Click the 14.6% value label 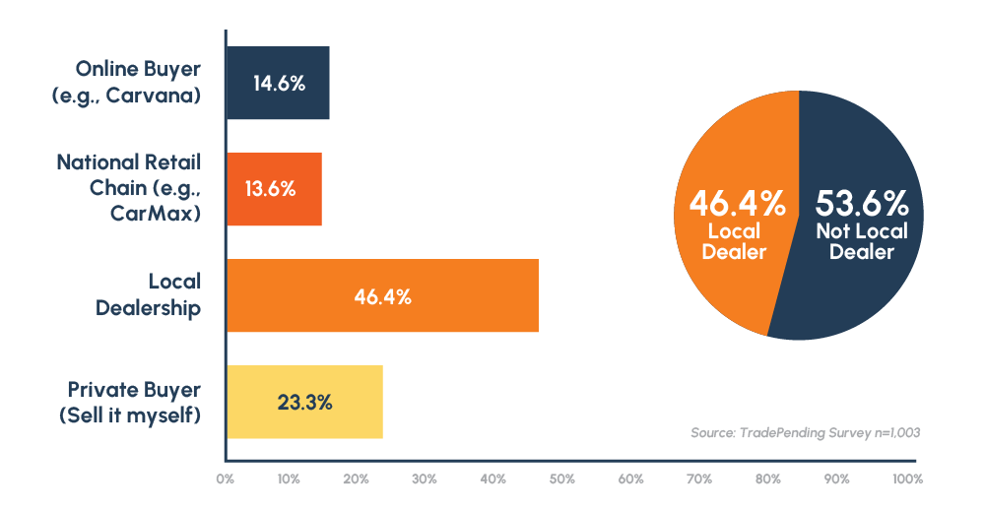[x=279, y=84]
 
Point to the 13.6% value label [x=270, y=189]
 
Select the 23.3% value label [x=304, y=402]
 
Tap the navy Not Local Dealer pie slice [x=867, y=295]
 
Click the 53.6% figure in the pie [x=861, y=205]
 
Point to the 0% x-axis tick [x=225, y=479]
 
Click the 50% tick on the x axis [x=561, y=479]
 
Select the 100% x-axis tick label [x=907, y=479]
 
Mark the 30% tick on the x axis [x=425, y=479]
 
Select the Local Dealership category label [x=148, y=295]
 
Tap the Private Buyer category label [x=134, y=389]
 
